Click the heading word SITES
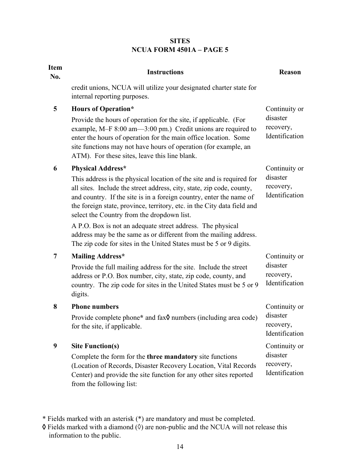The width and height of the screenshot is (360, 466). (180, 41)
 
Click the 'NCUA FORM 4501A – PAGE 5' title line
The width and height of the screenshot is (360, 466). (180, 50)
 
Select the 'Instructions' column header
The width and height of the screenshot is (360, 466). (165, 72)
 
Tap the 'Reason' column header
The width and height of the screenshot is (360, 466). (290, 72)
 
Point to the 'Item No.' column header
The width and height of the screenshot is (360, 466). (55, 72)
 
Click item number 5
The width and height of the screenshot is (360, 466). (55, 109)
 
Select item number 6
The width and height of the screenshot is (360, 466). (55, 169)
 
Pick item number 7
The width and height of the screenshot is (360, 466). (55, 256)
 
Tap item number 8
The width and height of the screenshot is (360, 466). (55, 307)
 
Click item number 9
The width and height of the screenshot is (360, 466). (55, 346)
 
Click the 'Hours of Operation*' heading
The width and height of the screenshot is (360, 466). (103, 109)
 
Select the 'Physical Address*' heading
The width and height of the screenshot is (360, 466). (99, 169)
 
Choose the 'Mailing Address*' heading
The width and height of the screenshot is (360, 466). (98, 256)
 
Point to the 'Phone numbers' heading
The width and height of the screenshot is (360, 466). (95, 307)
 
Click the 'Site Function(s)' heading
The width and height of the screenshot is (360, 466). (95, 346)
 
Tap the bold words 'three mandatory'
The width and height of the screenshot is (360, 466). (172, 357)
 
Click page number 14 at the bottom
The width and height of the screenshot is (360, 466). (180, 447)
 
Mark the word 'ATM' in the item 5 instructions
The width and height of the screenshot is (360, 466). (78, 156)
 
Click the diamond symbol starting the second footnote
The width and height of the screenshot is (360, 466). (44, 427)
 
